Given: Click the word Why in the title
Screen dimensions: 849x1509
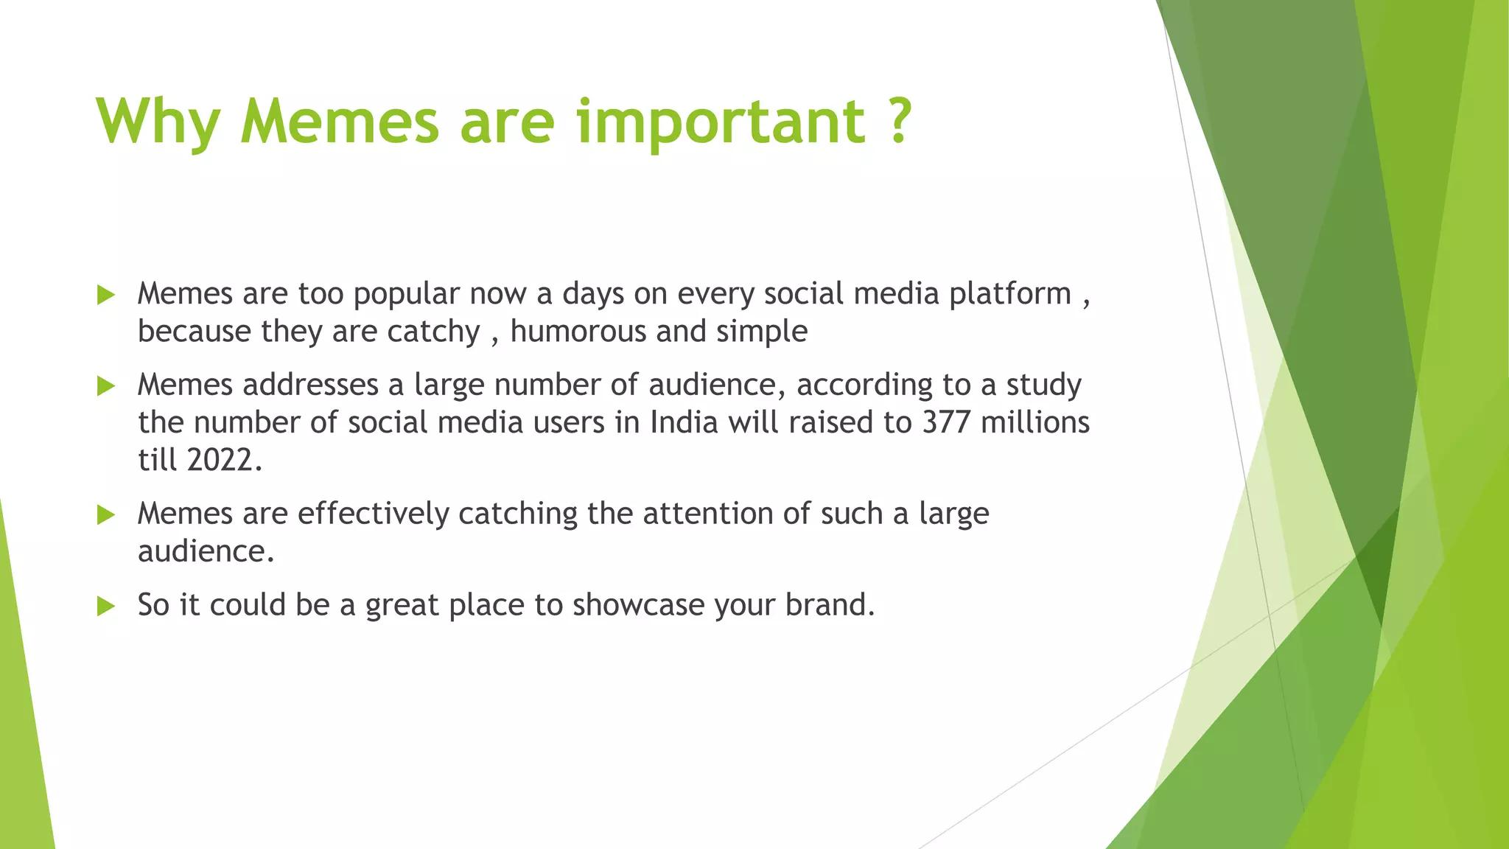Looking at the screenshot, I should pos(158,122).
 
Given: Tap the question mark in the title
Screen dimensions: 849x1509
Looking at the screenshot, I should pos(897,121).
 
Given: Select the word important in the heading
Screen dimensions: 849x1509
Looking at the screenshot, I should pos(721,122).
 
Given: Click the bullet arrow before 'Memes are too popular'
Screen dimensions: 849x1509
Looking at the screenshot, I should pos(106,296).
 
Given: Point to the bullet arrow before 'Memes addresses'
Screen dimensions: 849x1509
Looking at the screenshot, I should pos(106,386).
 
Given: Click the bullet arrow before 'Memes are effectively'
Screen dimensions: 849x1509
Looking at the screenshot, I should pos(106,515).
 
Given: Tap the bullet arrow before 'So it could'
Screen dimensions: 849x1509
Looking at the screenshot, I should pos(106,607).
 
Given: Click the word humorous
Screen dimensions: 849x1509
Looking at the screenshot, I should pos(578,332).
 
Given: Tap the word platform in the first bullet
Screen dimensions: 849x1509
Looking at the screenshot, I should pos(1009,294).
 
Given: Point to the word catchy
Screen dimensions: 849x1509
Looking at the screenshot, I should pos(433,332).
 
